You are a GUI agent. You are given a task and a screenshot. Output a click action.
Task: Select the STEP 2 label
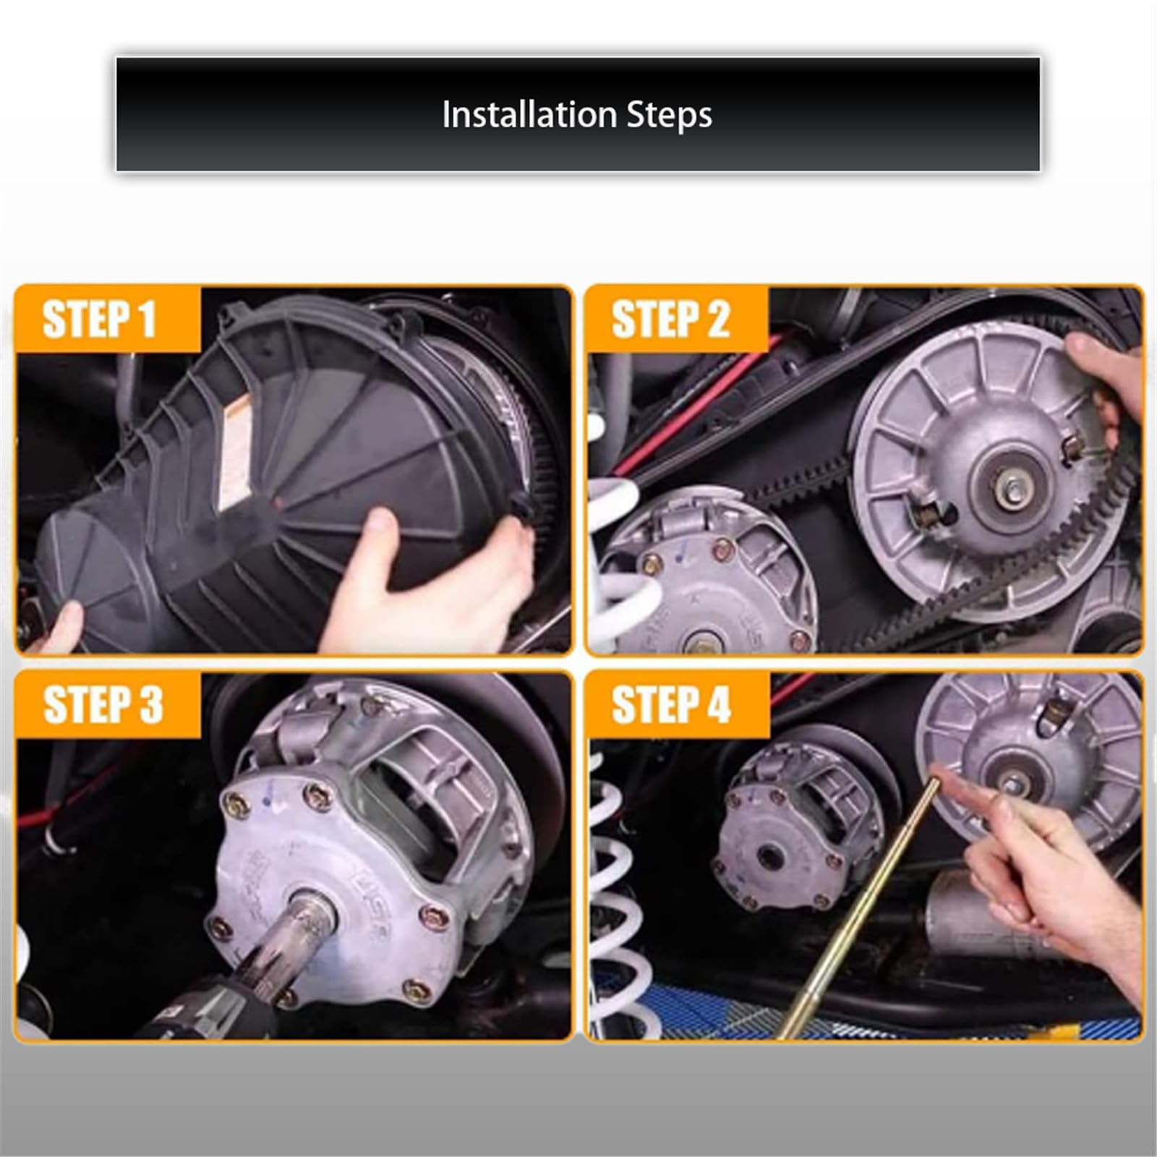coord(671,319)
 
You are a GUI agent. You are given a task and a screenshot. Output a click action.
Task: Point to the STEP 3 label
coord(103,704)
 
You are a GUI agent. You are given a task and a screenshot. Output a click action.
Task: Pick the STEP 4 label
coord(672,704)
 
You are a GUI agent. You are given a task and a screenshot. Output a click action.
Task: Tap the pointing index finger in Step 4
coord(962,792)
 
